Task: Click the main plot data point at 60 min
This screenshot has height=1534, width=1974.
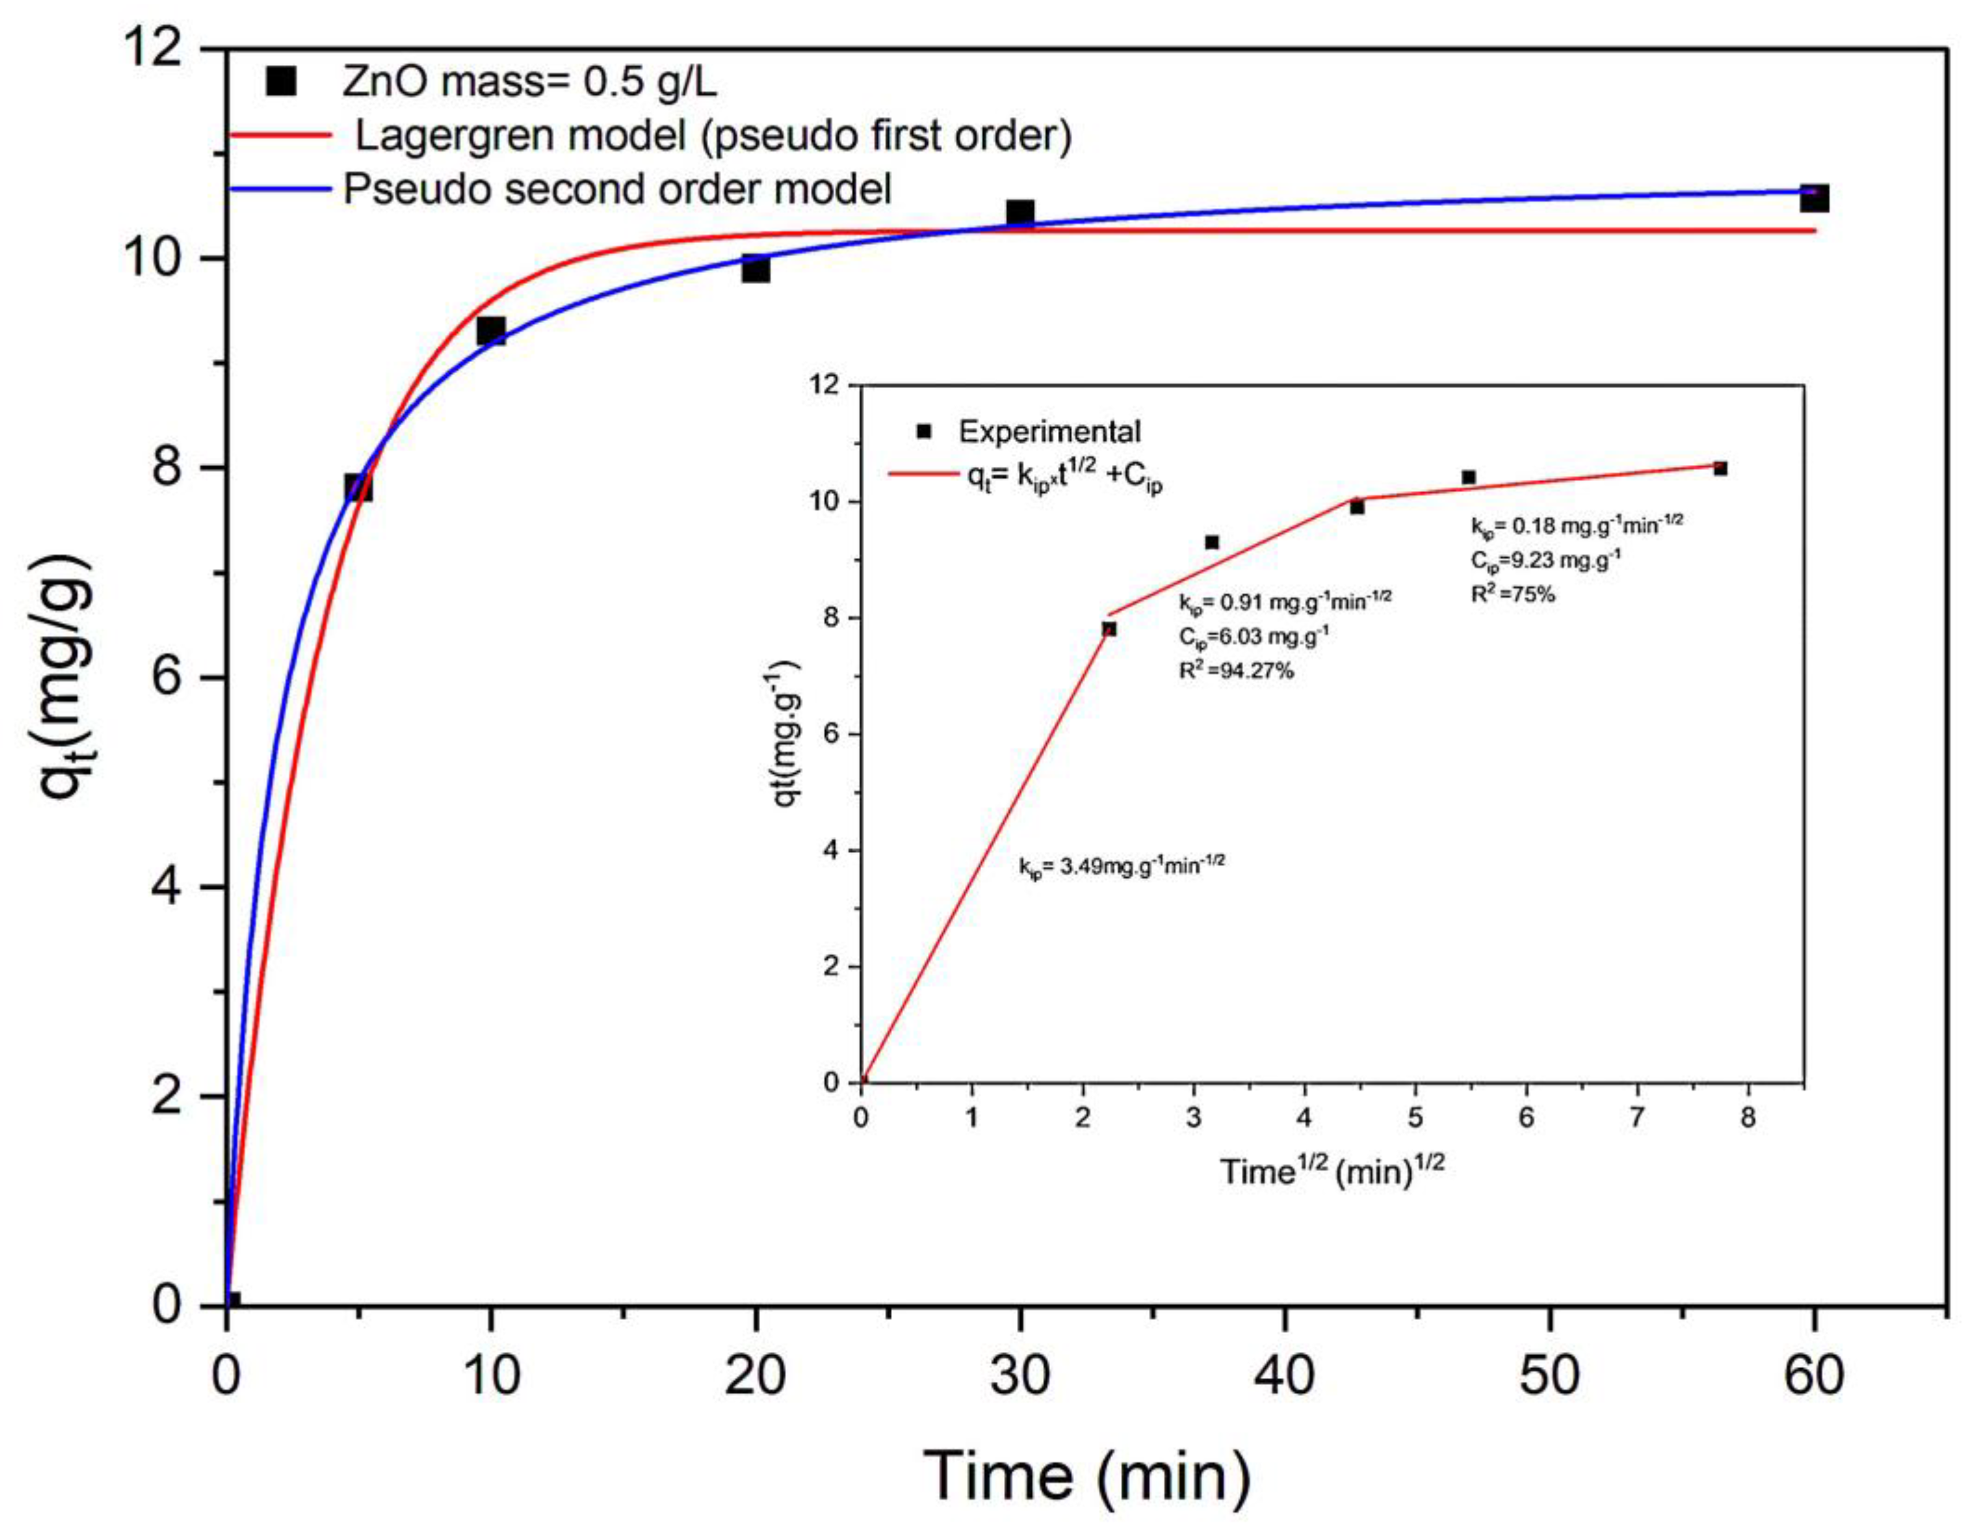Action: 1813,198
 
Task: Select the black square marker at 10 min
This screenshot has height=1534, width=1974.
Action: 490,330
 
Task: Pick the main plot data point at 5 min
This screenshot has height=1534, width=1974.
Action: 358,488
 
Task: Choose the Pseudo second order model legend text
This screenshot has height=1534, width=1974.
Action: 617,189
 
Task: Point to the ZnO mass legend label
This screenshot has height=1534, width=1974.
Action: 530,82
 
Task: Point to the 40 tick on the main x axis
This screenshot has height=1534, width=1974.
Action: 1284,1375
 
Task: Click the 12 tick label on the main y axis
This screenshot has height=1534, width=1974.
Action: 153,47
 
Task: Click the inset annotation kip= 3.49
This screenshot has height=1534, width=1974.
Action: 1122,865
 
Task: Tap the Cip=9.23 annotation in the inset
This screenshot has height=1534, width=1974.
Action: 1544,560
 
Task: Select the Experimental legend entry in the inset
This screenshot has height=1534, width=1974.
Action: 1049,432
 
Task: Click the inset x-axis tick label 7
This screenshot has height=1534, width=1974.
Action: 1637,1118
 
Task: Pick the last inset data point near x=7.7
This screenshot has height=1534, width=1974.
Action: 1720,468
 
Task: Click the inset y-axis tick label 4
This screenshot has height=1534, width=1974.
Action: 831,851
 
